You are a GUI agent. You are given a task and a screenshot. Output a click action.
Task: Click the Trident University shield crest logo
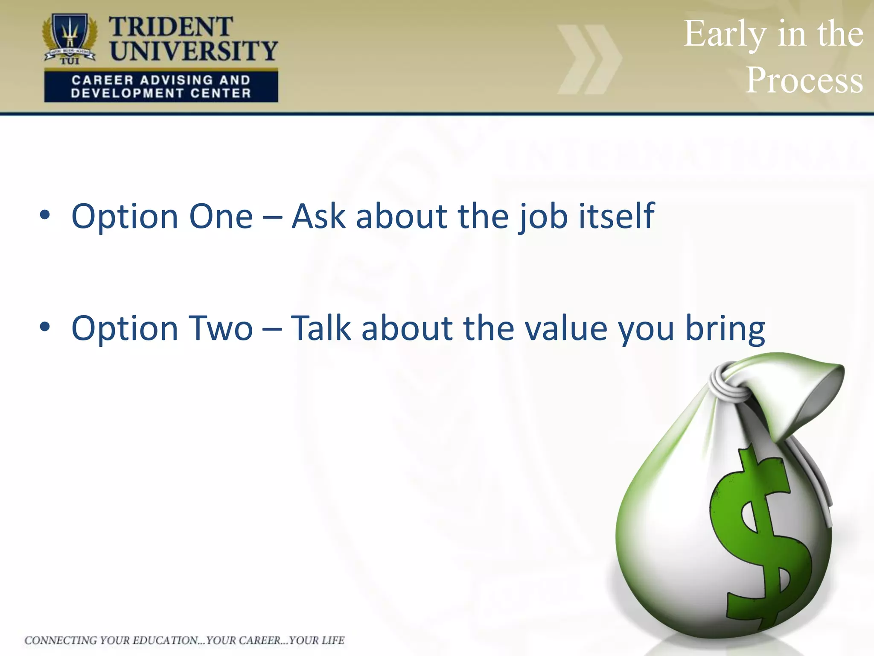(x=70, y=38)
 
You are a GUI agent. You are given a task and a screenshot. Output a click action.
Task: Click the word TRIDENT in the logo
(x=171, y=27)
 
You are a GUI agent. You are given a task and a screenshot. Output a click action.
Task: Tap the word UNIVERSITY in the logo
(x=194, y=50)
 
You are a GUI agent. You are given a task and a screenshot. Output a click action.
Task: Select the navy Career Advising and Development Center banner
(x=161, y=87)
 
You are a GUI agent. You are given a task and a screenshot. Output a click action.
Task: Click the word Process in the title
(x=804, y=80)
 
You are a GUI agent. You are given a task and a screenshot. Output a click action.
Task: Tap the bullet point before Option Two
(x=45, y=327)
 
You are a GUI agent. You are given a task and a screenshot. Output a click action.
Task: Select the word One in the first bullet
(x=221, y=217)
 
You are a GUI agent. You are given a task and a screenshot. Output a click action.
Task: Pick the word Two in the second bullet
(x=221, y=328)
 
